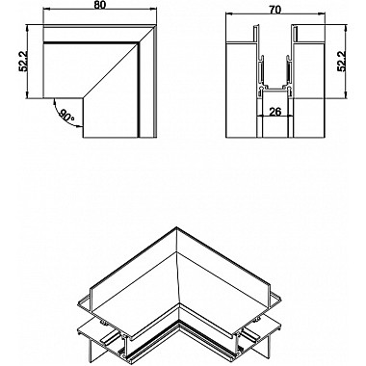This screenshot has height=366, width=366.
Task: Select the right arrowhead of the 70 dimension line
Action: coord(317,19)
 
